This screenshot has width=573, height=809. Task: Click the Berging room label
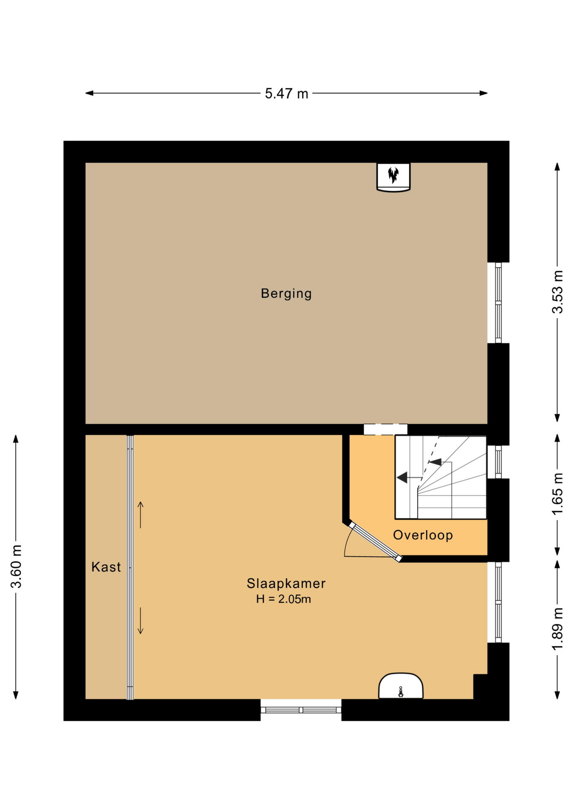point(286,294)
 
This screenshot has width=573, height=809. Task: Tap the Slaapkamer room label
point(286,584)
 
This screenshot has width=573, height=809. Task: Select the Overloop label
point(423,535)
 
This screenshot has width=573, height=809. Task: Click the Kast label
point(106,567)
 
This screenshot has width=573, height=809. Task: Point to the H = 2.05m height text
point(284,599)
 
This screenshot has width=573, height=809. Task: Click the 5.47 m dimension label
point(286,94)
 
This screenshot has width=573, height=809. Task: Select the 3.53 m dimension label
point(558,292)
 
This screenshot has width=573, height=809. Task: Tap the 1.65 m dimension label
point(558,494)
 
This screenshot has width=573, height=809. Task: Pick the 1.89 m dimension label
point(558,629)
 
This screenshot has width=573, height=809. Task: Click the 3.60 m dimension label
point(16,566)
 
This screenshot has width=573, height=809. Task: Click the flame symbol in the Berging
point(393,175)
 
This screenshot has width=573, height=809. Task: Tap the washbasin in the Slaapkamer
point(401,686)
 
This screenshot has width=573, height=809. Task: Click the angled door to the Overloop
point(375,541)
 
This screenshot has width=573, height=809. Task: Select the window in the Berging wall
point(498,303)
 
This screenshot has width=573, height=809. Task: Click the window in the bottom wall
point(301,710)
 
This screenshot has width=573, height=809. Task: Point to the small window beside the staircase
point(498,462)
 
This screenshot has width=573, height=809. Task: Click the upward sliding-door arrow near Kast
point(141,515)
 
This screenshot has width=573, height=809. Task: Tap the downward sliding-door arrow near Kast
point(141,621)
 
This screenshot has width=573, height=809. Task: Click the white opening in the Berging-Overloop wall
point(386,429)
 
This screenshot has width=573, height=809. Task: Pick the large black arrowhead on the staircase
point(402,477)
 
